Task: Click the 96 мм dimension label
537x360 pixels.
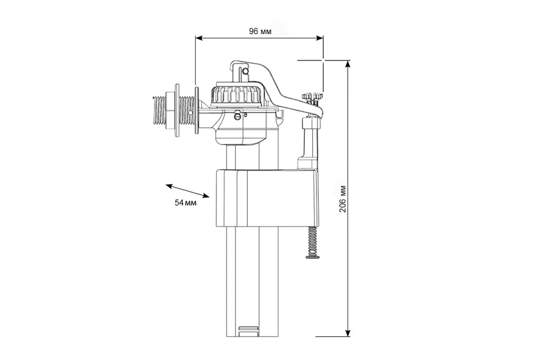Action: [x=260, y=31]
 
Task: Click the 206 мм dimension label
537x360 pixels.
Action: [x=343, y=199]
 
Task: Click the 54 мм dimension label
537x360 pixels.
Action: [x=186, y=203]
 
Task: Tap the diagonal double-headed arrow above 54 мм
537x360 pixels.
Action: [x=188, y=191]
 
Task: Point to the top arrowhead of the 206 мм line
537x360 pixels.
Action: [x=348, y=64]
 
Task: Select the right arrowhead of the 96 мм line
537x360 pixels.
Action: [x=319, y=38]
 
